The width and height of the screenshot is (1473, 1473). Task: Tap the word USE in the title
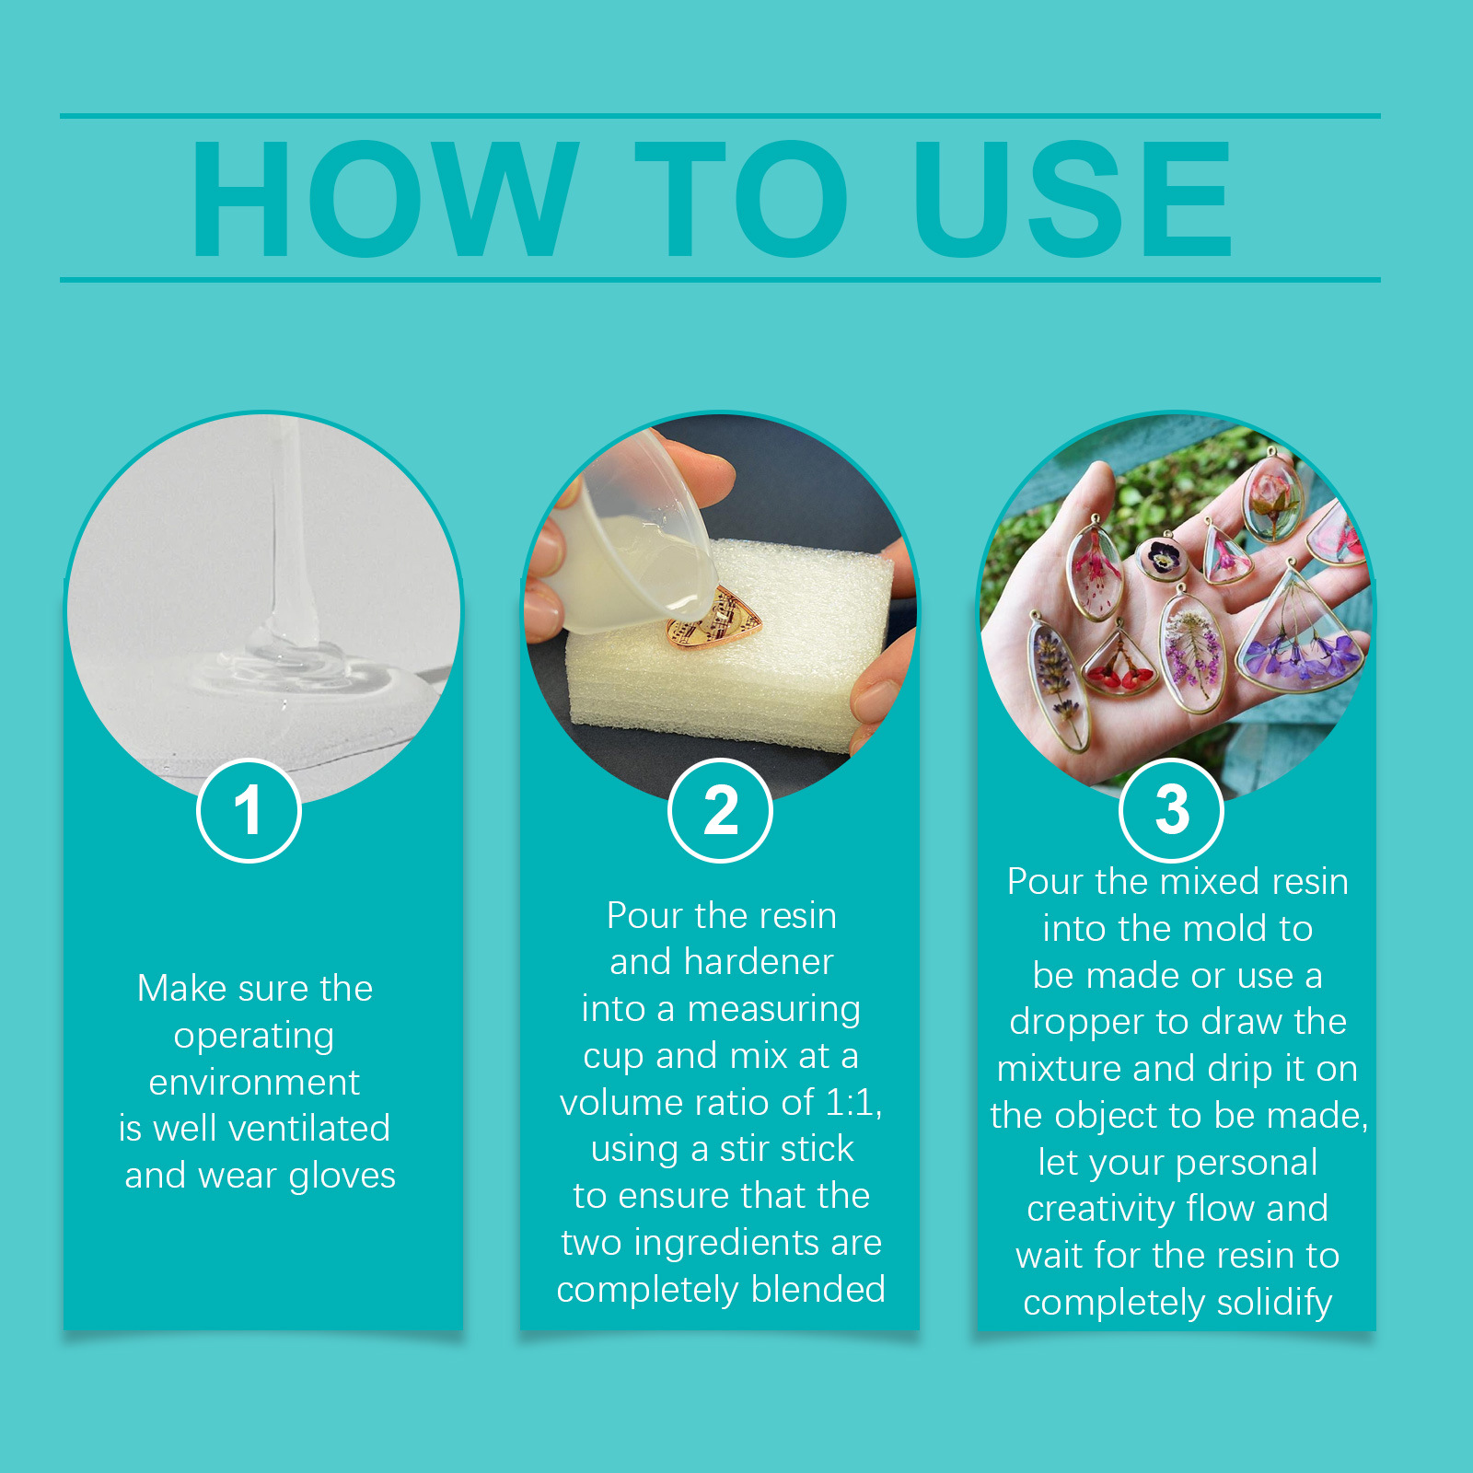1072,199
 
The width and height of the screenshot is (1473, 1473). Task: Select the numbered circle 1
249,810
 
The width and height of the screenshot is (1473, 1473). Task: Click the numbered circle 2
720,810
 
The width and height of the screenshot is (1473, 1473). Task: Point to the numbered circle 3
1171,810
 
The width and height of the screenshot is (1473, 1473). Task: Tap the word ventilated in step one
299,1128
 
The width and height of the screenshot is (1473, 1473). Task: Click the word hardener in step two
759,962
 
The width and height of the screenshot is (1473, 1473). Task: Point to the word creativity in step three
1100,1209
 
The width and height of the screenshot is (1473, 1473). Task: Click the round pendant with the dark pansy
1162,557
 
